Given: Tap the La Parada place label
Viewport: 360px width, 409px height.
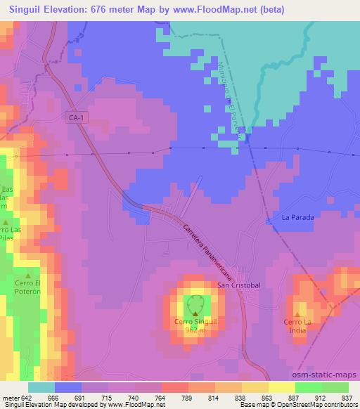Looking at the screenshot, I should (297, 218).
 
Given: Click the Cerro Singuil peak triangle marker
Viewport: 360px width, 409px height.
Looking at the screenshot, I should (195, 314).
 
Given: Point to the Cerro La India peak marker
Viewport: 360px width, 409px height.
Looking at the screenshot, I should (297, 314).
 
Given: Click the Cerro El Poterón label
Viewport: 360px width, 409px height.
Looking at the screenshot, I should (28, 288).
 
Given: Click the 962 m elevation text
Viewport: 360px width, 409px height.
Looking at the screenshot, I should (195, 330).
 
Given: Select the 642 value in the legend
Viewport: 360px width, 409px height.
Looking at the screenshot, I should (27, 397).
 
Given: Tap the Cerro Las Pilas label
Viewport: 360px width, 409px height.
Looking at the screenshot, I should (14, 235).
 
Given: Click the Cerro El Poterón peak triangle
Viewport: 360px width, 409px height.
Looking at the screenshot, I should (28, 275).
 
